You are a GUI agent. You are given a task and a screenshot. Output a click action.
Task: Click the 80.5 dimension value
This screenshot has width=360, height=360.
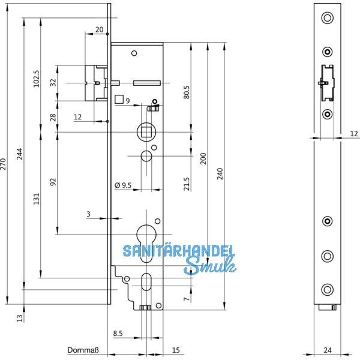coord(187,93)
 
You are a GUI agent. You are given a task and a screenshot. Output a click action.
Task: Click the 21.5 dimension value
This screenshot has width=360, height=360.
coord(187,184)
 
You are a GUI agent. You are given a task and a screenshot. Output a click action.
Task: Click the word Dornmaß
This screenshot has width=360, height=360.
coord(82,349)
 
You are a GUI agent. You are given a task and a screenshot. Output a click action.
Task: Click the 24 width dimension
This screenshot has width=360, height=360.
coord(327,349)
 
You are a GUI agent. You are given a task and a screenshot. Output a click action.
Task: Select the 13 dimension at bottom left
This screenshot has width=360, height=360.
coord(19,317)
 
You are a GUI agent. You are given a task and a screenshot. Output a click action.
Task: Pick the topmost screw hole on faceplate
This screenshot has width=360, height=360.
coord(327,18)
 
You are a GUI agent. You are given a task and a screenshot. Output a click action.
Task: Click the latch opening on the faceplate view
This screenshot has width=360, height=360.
coord(327,83)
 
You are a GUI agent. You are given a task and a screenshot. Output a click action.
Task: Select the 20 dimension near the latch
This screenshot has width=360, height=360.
coord(99,29)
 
